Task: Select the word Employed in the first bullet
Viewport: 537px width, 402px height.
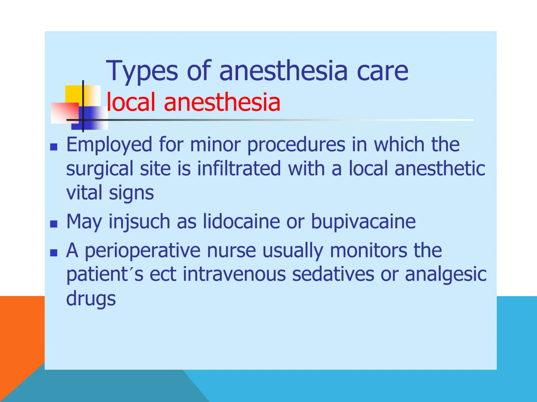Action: pyautogui.click(x=109, y=145)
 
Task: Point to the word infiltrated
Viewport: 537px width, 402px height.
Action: pyautogui.click(x=239, y=169)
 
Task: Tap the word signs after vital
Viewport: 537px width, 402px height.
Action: pyautogui.click(x=131, y=193)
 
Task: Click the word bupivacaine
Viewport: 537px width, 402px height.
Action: pyautogui.click(x=363, y=222)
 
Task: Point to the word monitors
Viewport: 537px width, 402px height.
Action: pyautogui.click(x=368, y=251)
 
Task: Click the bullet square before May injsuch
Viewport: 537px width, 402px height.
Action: pyautogui.click(x=54, y=224)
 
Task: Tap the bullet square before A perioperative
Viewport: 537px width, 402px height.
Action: pyautogui.click(x=54, y=253)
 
